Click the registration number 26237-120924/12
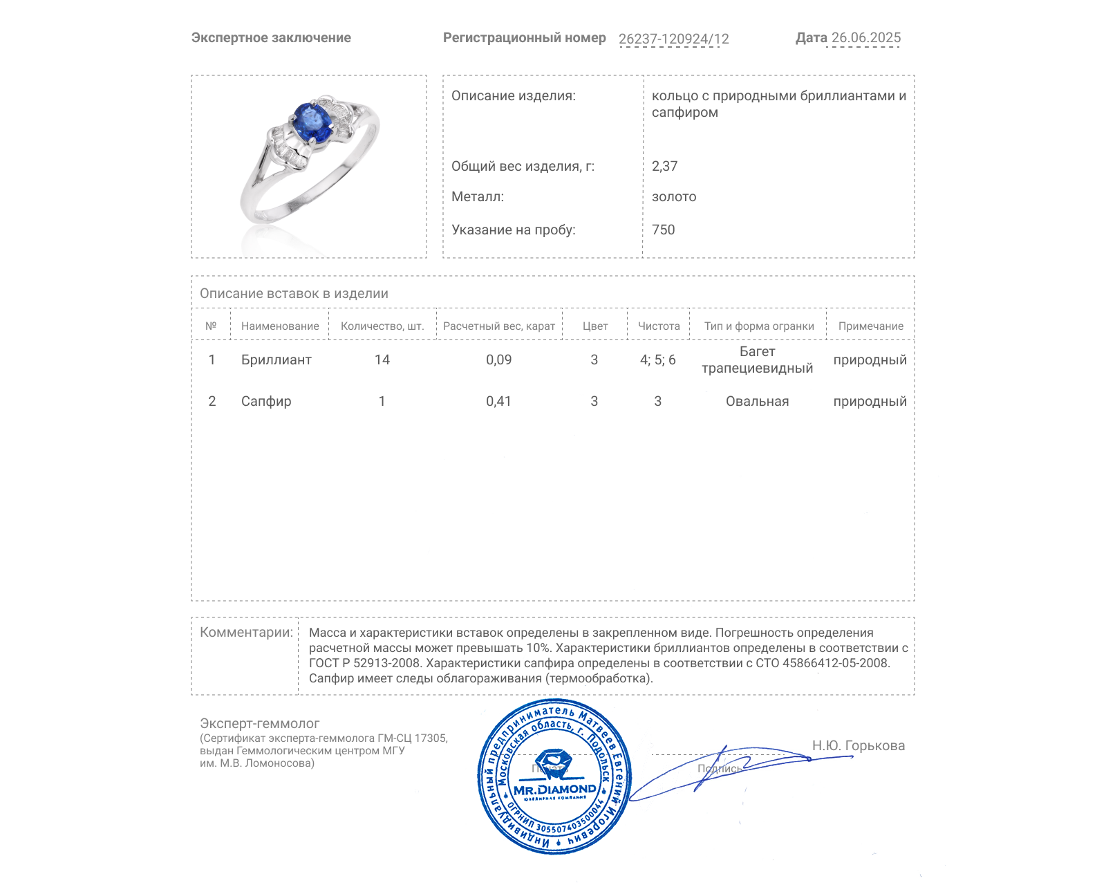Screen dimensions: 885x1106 tap(673, 39)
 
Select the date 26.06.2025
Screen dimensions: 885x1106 tap(865, 38)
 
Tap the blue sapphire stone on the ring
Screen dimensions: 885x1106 tap(311, 122)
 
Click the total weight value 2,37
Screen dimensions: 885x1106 tap(664, 166)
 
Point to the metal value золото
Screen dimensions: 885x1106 tap(674, 197)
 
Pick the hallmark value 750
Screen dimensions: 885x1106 tap(663, 230)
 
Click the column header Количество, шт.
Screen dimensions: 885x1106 tap(382, 326)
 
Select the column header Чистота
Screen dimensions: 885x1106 tap(659, 326)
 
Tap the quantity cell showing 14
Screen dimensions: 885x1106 tap(382, 360)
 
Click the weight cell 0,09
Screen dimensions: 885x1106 tap(498, 360)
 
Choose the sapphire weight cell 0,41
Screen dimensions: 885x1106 tap(498, 401)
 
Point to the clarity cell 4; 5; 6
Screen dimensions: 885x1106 tap(657, 360)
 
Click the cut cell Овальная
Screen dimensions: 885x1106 tap(757, 402)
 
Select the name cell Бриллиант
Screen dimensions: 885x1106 tap(276, 360)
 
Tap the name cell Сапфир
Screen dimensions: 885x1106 tap(266, 402)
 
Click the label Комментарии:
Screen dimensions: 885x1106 tap(246, 632)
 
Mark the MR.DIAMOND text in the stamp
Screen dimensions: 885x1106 tap(554, 790)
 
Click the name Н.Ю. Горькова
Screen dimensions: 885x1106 tap(858, 745)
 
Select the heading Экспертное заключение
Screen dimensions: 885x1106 tap(271, 38)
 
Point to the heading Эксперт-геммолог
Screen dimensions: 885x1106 tap(259, 723)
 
